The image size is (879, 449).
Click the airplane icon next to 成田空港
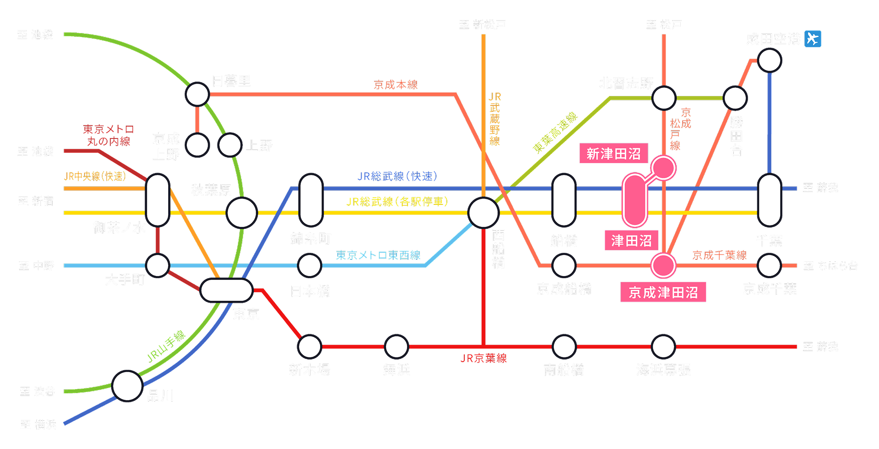tap(813, 39)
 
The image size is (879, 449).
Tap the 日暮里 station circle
tap(197, 94)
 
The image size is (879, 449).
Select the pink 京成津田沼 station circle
tap(663, 266)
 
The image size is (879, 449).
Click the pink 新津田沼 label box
tap(613, 154)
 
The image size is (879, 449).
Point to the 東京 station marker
tap(226, 290)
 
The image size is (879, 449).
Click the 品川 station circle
tap(127, 386)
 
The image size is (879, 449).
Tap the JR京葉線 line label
tap(483, 358)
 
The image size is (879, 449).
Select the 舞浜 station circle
tap(396, 347)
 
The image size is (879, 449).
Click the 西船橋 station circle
tap(483, 213)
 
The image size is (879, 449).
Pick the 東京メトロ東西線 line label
tap(378, 255)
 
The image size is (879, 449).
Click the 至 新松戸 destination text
tap(482, 24)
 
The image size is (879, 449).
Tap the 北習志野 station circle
tap(664, 98)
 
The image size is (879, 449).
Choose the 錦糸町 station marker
tap(311, 200)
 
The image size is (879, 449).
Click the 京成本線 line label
tap(396, 85)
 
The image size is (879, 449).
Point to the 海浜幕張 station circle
tap(663, 347)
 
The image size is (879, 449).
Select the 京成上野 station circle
tap(197, 145)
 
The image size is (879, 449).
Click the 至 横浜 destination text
tap(38, 424)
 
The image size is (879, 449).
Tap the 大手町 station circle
tap(158, 266)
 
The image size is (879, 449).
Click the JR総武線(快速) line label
tap(397, 176)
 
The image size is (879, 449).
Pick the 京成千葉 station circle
tap(769, 266)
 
